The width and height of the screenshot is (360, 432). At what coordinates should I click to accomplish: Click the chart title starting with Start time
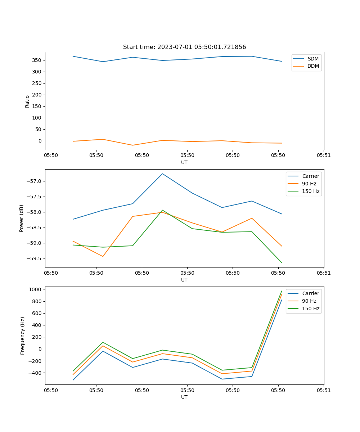click(184, 47)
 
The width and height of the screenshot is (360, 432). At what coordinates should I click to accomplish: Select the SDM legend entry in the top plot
click(313, 59)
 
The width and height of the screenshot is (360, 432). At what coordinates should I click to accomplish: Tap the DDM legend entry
click(313, 66)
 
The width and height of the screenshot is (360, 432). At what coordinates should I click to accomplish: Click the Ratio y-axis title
click(27, 101)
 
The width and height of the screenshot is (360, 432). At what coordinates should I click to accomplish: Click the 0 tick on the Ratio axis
click(40, 141)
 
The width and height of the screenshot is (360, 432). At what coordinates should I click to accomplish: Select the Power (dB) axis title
click(22, 218)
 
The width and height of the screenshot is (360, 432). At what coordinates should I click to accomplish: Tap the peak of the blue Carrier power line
click(162, 174)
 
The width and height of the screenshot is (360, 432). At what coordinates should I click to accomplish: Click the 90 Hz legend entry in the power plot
click(309, 184)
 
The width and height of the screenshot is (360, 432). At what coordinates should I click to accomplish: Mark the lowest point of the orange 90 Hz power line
click(103, 256)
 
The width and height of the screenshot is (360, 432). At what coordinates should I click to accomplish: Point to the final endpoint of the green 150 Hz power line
click(282, 263)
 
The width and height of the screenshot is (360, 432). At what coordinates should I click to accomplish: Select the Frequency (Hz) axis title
click(23, 336)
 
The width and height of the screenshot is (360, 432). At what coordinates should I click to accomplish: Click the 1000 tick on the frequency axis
click(36, 289)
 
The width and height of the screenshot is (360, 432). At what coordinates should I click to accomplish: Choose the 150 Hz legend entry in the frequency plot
click(311, 309)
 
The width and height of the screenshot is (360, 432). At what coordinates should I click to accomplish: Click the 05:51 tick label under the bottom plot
click(324, 390)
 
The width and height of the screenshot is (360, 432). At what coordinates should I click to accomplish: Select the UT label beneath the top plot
click(184, 162)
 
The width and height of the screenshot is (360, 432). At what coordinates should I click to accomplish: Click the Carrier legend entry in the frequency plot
click(310, 293)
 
